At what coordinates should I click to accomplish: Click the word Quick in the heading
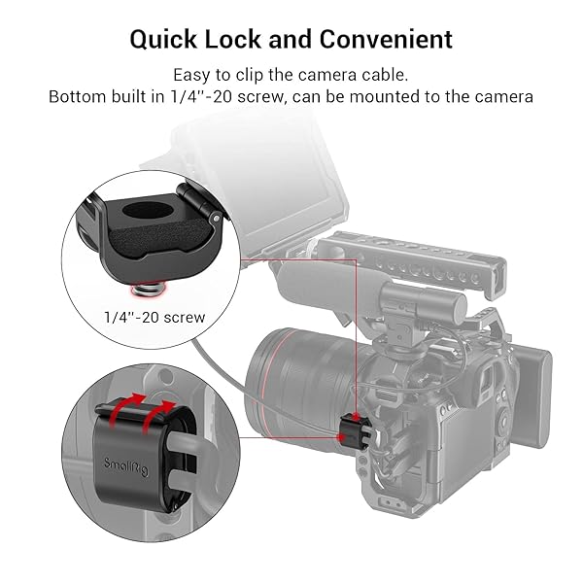163,40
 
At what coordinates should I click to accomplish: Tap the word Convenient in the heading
386,39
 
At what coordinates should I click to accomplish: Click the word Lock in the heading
233,39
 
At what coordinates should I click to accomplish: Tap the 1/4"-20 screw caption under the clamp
154,317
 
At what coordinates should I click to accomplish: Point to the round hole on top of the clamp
148,211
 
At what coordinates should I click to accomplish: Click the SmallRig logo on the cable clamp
126,466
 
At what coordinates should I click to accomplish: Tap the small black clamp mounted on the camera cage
352,431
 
